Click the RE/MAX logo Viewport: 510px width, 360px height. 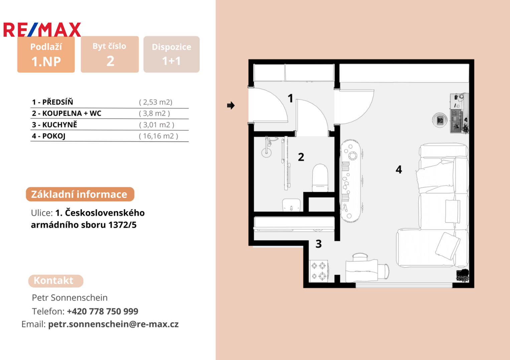[x=42, y=30]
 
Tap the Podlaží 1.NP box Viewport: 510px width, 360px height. [x=46, y=54]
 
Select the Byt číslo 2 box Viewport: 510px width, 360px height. [x=110, y=54]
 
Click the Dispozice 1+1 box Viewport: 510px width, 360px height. [x=171, y=54]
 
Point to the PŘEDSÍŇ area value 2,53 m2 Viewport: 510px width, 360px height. [x=156, y=102]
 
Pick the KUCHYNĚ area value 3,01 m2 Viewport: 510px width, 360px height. [x=157, y=125]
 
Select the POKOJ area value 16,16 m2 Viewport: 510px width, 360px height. [x=158, y=136]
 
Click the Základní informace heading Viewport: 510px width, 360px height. [x=80, y=194]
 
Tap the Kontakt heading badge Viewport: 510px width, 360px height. [x=56, y=281]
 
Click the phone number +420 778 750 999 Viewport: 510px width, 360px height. [x=103, y=311]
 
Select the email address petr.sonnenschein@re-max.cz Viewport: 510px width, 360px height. [x=113, y=324]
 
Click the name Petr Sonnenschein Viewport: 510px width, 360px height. [x=70, y=298]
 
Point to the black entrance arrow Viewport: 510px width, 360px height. [x=231, y=105]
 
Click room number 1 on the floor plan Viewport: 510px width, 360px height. [x=290, y=98]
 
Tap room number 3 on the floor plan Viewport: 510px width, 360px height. [x=319, y=244]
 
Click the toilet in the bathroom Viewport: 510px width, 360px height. [x=320, y=178]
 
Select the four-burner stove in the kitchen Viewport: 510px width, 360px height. [x=319, y=271]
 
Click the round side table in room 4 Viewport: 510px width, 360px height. [x=440, y=120]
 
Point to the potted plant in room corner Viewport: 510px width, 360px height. [x=463, y=275]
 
